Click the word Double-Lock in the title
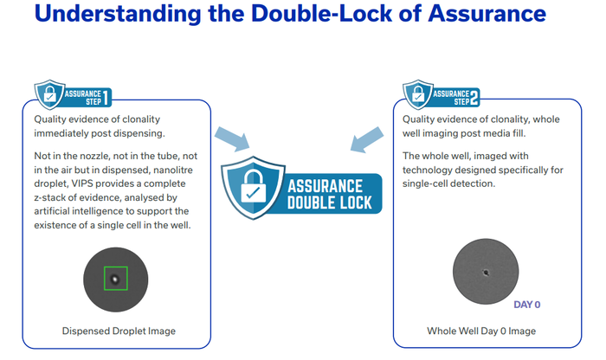click(x=321, y=13)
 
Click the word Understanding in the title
click(x=118, y=15)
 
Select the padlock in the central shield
click(x=253, y=186)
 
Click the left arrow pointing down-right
click(x=232, y=138)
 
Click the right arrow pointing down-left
click(x=367, y=139)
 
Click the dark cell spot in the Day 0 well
click(x=486, y=273)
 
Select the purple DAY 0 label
click(x=526, y=305)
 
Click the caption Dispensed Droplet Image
click(x=119, y=331)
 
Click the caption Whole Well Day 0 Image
click(x=481, y=331)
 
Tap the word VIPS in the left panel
click(x=81, y=183)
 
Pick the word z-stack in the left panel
click(x=48, y=198)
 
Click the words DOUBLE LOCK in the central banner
click(x=329, y=202)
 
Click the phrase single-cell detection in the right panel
click(x=448, y=183)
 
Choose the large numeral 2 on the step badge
click(x=474, y=97)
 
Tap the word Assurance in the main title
click(x=487, y=13)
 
